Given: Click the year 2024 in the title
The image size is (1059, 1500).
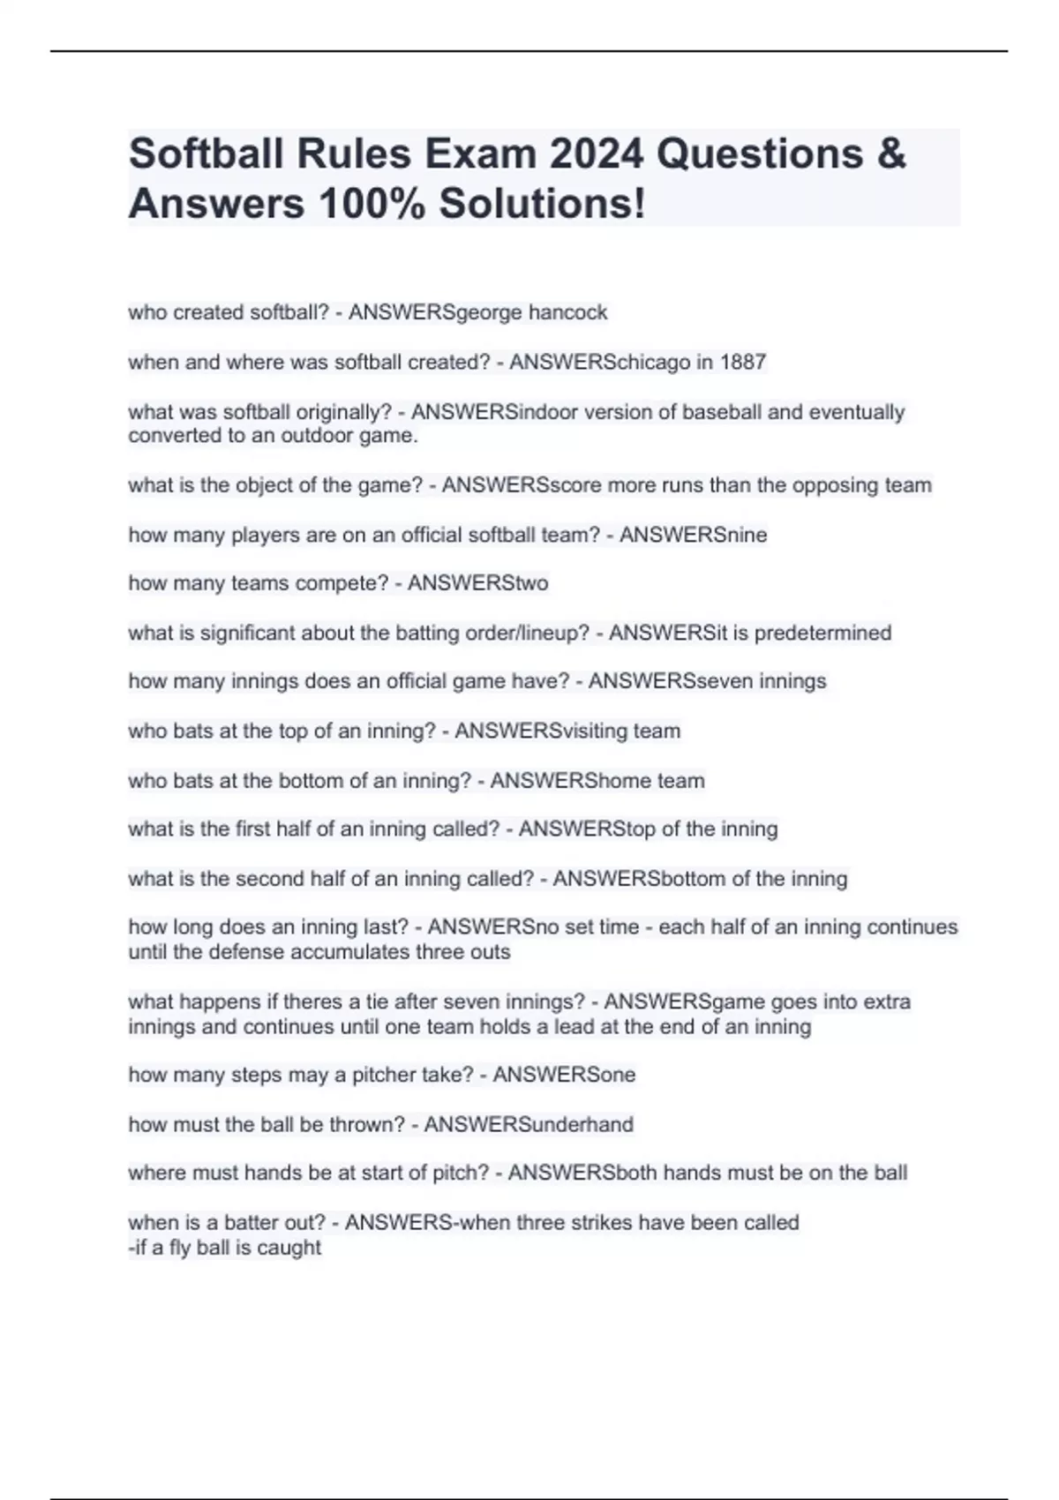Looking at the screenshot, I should (x=597, y=154).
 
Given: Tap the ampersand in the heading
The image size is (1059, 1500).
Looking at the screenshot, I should (x=892, y=154).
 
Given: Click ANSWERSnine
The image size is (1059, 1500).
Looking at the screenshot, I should (x=693, y=535).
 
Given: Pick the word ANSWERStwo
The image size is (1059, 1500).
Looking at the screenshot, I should (x=477, y=583).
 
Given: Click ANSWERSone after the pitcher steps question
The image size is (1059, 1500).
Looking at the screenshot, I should (x=564, y=1075).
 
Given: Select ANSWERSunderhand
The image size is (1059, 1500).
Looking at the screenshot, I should (x=529, y=1124).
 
